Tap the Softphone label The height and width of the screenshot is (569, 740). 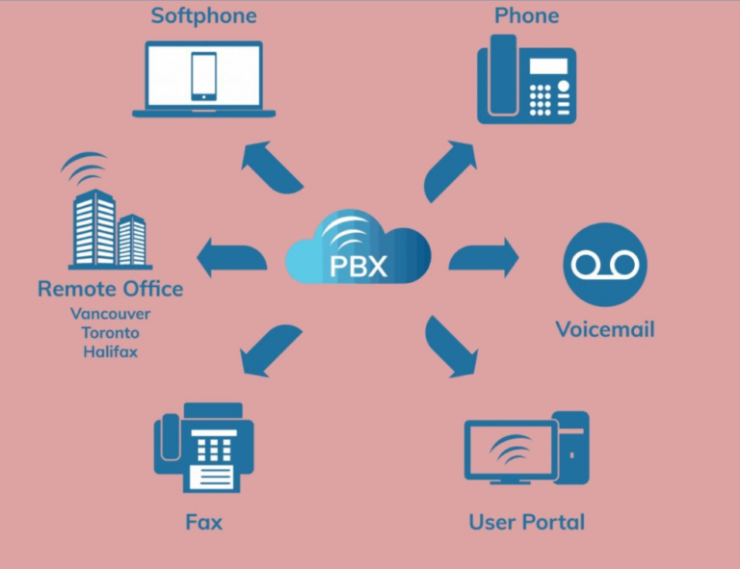(x=204, y=16)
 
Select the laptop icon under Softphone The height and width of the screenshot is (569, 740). (x=204, y=79)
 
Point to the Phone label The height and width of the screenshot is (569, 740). (x=526, y=16)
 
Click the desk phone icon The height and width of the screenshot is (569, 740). (x=526, y=81)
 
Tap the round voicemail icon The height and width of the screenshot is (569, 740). (x=604, y=264)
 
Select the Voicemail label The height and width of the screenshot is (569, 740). (x=604, y=329)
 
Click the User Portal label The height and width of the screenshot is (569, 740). (x=526, y=523)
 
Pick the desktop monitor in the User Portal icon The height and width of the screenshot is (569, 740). (x=508, y=451)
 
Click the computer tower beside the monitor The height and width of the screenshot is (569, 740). (x=571, y=445)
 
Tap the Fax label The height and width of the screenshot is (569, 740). (x=204, y=523)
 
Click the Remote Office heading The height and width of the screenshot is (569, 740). (x=110, y=289)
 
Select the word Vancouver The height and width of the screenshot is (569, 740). (x=110, y=314)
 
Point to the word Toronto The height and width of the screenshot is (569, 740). (x=110, y=333)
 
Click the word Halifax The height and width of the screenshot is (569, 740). (x=110, y=352)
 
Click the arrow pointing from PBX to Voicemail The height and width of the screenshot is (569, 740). (x=484, y=258)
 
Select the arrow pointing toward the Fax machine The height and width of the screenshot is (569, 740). (x=269, y=349)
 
